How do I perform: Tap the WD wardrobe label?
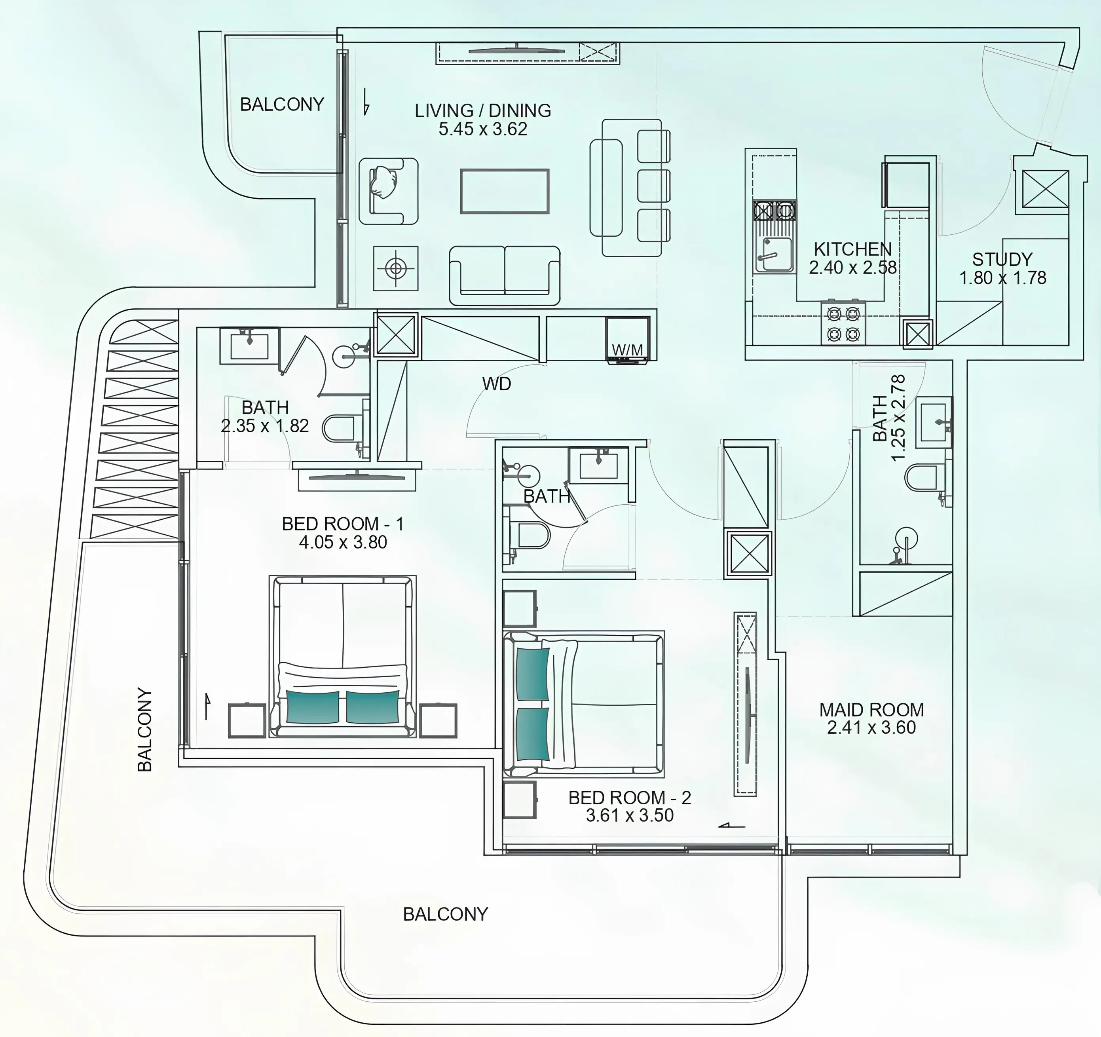point(496,384)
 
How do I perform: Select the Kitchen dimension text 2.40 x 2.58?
point(852,268)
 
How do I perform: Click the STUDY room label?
point(1002,259)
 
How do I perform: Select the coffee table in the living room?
point(505,191)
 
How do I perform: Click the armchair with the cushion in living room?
point(388,191)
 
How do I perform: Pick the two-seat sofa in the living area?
point(505,275)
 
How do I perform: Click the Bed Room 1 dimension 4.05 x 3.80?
point(343,542)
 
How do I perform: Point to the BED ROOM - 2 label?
point(630,797)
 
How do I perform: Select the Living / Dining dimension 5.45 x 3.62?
point(483,129)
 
